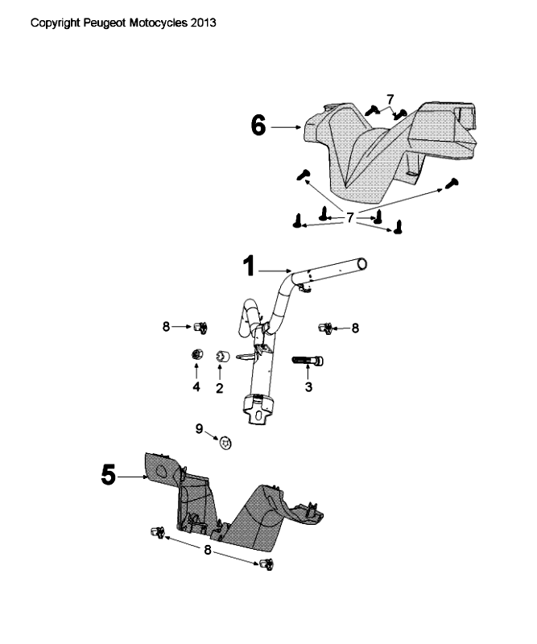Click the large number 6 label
coord(258,126)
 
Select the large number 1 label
coord(250,265)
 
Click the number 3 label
coord(308,387)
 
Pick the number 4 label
coord(196,388)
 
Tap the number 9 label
coord(199,428)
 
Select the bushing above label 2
coord(223,356)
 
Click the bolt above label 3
coord(308,360)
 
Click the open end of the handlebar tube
coord(362,263)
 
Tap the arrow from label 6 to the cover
coord(285,126)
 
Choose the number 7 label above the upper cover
coord(390,98)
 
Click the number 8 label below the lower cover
coord(209,550)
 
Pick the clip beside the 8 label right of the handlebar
coord(326,327)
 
